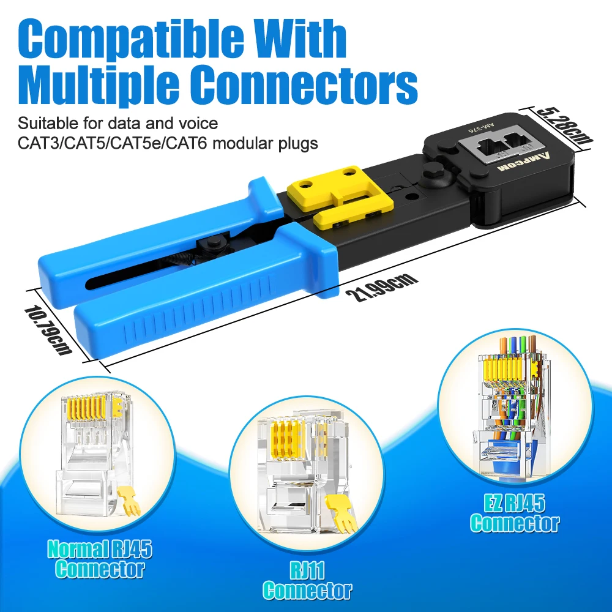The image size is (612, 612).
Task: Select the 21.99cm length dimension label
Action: pos(381,286)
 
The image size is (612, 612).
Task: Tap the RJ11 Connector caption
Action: pos(307,581)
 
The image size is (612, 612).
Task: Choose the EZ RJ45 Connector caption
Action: pos(514,514)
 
